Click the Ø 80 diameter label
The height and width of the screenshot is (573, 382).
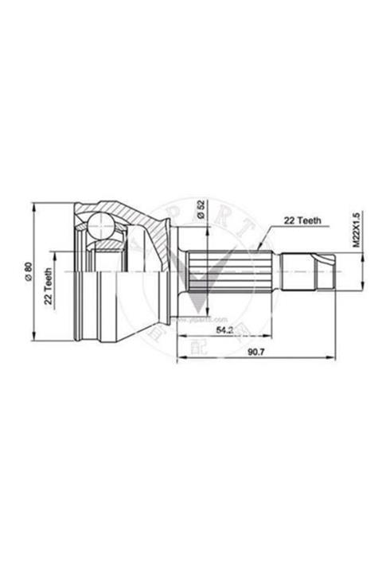coord(29,273)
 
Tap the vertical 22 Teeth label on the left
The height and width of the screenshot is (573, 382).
coord(48,288)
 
